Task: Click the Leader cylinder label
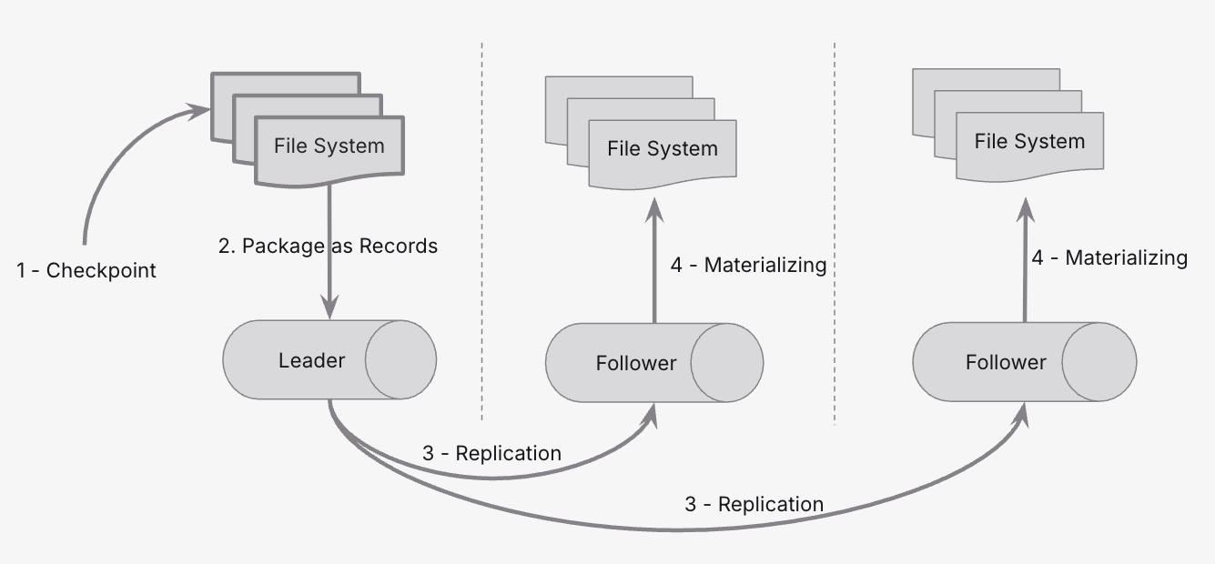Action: [x=311, y=361]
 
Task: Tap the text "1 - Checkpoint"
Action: [x=86, y=270]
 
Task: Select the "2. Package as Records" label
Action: [x=328, y=247]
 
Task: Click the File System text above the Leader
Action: [x=329, y=146]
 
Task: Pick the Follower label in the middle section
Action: [x=636, y=364]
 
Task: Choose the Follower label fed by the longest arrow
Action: [x=1006, y=362]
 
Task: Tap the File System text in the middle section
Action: [x=663, y=148]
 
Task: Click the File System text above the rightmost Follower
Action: [x=1029, y=141]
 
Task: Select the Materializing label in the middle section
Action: [x=748, y=265]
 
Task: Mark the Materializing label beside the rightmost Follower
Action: [x=1109, y=257]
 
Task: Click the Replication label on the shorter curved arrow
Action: [x=491, y=453]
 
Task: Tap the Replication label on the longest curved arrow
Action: [x=754, y=504]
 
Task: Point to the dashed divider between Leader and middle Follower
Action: [x=481, y=227]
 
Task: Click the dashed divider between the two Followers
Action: [x=835, y=227]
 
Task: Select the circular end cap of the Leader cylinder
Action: [x=400, y=360]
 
